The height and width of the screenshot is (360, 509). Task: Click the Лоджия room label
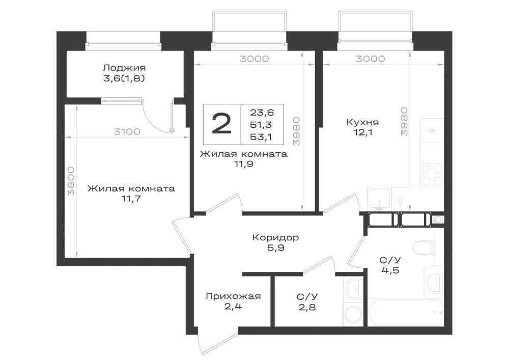point(124,68)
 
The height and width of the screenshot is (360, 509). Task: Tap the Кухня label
point(362,122)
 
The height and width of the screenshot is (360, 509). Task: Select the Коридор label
point(275,238)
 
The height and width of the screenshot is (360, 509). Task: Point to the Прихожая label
point(233,296)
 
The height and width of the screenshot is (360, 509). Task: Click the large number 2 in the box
point(222,124)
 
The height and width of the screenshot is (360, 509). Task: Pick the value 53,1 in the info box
point(261,136)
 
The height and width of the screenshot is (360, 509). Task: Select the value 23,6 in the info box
point(262,113)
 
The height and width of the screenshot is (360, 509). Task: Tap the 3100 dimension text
point(127,132)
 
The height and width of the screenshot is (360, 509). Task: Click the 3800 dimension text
point(71,181)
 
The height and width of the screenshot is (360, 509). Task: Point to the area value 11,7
point(131,199)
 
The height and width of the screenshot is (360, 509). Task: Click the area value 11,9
point(244,164)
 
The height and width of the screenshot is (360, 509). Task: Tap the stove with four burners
point(432,175)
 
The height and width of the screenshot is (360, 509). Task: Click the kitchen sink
point(379,199)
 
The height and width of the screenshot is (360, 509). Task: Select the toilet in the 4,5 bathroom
point(424,248)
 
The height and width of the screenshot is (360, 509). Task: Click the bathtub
point(406,312)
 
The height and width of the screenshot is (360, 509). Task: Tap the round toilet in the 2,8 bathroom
point(352,314)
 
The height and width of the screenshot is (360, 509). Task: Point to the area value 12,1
point(362,132)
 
